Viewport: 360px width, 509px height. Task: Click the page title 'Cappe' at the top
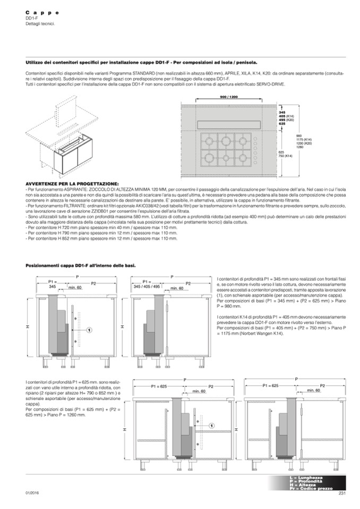[42, 12]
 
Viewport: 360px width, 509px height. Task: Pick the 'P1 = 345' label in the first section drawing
[52, 284]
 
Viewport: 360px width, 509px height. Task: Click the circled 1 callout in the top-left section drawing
[90, 330]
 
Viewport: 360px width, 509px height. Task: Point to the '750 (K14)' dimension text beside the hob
[286, 156]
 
